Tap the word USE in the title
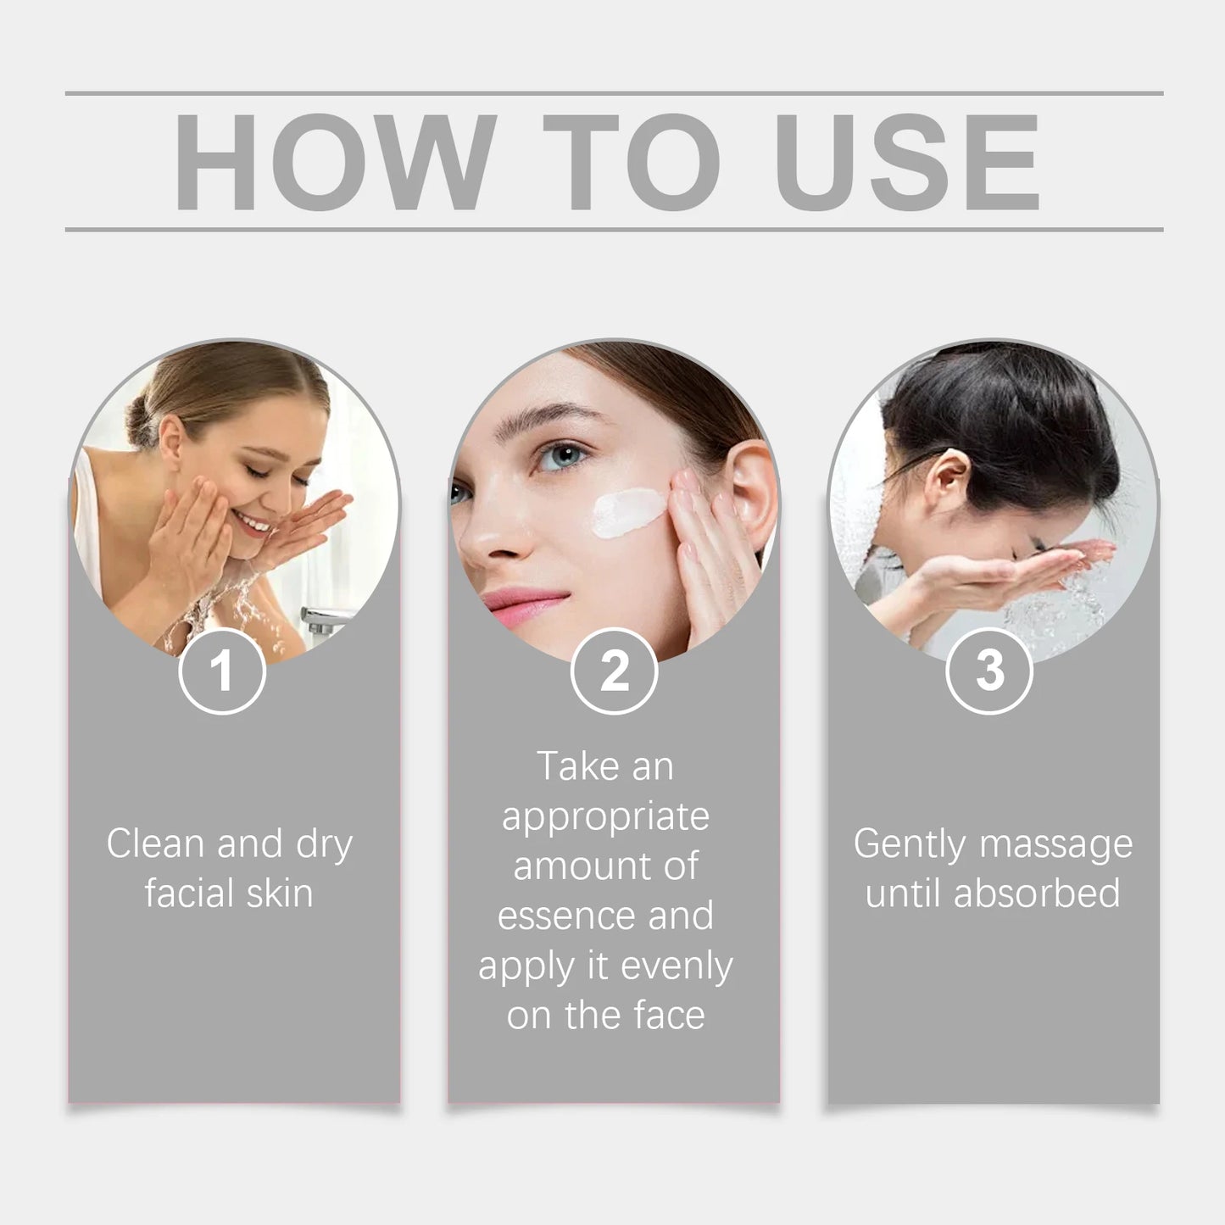tap(907, 161)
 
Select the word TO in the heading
tap(632, 161)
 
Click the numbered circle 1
tap(222, 671)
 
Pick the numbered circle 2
tap(614, 671)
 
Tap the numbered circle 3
tap(988, 671)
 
